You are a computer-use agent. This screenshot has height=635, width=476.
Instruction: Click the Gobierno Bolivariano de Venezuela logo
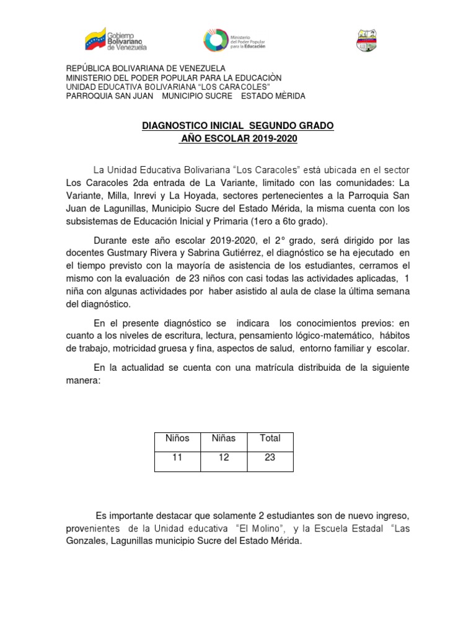click(x=116, y=40)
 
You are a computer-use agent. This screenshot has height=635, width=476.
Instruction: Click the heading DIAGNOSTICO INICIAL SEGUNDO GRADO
click(x=238, y=126)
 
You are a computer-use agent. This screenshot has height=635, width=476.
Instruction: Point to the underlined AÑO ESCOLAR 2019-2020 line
click(x=239, y=139)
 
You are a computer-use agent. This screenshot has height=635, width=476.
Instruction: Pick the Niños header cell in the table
click(x=177, y=438)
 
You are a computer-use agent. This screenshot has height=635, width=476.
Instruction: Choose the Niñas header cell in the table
click(x=223, y=438)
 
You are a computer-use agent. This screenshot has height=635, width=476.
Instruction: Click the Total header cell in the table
click(x=270, y=438)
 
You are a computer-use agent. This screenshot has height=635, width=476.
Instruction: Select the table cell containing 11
click(x=177, y=458)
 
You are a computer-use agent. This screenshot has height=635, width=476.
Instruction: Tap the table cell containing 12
click(x=223, y=458)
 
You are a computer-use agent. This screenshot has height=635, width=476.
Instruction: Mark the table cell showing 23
click(x=270, y=458)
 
